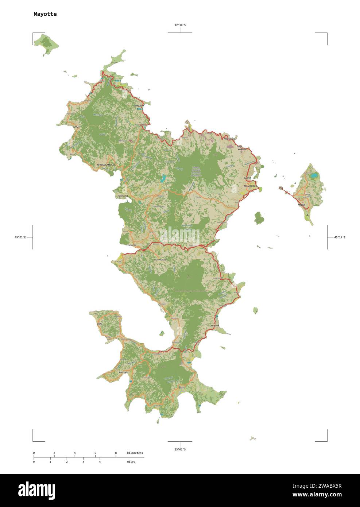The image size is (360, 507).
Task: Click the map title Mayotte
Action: pos(45,14)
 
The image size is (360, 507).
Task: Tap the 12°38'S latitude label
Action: pos(180,25)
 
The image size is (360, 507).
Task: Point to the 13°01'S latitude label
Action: pos(180,449)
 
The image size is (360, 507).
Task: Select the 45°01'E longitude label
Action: pos(20,237)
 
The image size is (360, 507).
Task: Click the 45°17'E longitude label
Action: pos(340,237)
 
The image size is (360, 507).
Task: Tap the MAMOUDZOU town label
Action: pos(250,186)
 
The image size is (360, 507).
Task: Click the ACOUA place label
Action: pos(76,127)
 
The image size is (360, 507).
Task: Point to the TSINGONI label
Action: pos(122,196)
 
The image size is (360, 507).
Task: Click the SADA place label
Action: pos(118,262)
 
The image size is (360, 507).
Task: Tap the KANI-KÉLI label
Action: pos(124,372)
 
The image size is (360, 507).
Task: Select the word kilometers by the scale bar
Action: pos(135,453)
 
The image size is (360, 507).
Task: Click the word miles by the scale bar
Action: pos(131,462)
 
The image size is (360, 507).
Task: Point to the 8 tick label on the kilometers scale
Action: pos(116,453)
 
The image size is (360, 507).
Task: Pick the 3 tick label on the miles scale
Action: pos(83,462)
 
